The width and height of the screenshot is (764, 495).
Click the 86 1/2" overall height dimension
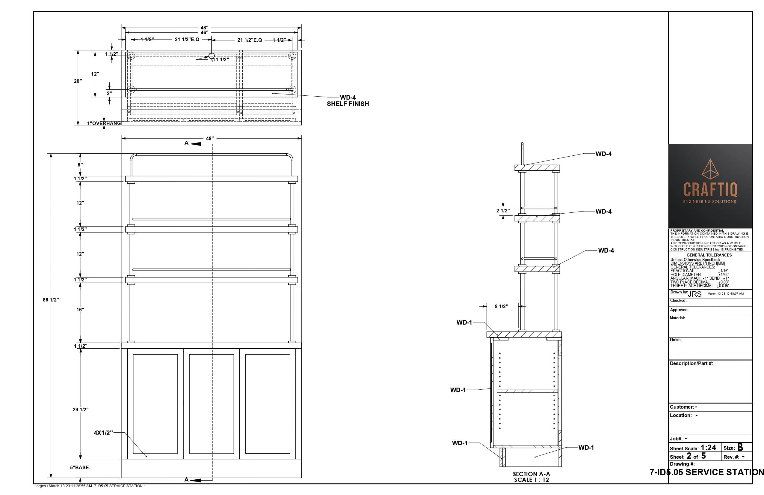51,300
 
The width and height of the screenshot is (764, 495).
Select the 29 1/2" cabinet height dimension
81,409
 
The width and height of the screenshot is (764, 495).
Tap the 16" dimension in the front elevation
80,310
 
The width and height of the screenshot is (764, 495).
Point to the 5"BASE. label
80,467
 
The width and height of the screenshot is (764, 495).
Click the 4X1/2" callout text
103,433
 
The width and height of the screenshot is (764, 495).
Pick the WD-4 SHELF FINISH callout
348,100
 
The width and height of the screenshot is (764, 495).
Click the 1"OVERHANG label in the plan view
104,123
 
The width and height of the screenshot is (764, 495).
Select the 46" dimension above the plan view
204,32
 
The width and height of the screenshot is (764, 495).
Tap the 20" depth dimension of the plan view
78,81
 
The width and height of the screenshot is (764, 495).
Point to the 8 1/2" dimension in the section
502,306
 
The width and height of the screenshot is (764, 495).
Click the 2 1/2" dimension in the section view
503,211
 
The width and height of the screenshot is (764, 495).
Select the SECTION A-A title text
531,474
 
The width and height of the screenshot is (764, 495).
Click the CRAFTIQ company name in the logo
710,189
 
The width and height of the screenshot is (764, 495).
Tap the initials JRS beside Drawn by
695,294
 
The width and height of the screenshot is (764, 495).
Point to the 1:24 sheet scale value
708,448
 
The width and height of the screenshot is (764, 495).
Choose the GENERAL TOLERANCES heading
709,255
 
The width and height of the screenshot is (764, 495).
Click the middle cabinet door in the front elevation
212,404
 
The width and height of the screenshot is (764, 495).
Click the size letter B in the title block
740,447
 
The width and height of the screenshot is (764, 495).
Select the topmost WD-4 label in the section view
603,154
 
